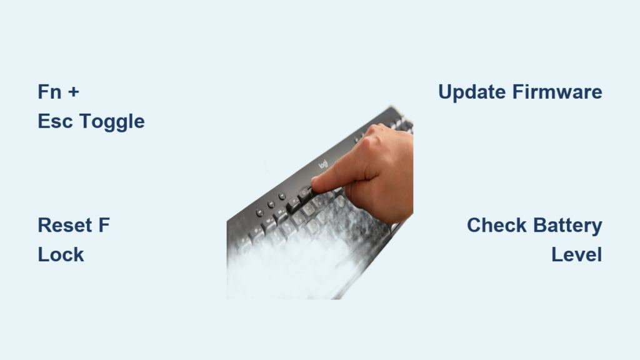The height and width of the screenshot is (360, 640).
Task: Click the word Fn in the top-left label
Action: click(49, 92)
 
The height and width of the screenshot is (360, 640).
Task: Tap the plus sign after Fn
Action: click(73, 92)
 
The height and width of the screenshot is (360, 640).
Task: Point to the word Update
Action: click(472, 92)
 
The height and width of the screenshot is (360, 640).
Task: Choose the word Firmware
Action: click(557, 92)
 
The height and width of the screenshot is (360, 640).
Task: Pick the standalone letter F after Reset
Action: click(103, 226)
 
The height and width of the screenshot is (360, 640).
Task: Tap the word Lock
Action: click(61, 254)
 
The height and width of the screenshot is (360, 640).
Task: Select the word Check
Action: click(497, 226)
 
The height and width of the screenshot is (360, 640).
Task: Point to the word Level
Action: click(576, 254)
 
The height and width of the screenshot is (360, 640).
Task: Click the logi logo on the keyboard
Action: click(323, 164)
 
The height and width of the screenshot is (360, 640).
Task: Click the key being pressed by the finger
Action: click(306, 193)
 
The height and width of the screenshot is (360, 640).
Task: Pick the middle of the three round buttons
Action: click(271, 204)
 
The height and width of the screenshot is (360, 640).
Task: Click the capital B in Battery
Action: click(537, 226)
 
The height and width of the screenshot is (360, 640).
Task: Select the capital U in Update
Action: click(446, 92)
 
